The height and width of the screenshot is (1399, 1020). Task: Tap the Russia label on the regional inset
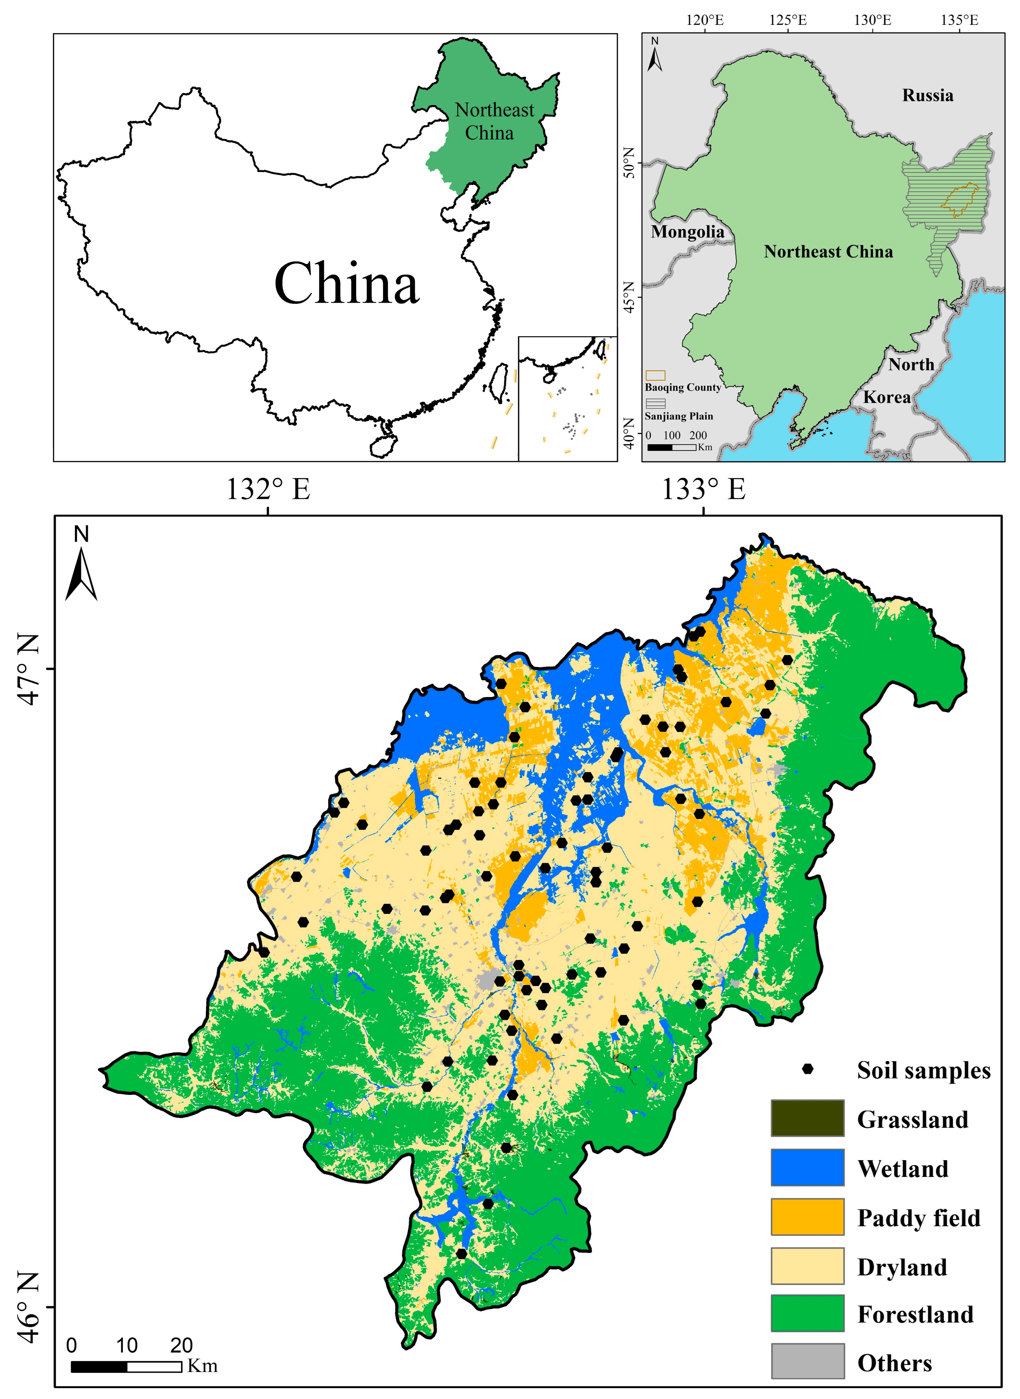(927, 96)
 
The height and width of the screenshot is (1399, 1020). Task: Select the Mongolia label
(687, 232)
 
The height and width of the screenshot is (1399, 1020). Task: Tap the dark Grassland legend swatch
(807, 1118)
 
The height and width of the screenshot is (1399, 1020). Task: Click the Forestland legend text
(915, 1314)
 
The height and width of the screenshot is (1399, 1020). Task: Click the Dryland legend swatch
(807, 1266)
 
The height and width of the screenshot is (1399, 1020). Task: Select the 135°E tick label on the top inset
(959, 20)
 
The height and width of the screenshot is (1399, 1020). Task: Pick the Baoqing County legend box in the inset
(655, 375)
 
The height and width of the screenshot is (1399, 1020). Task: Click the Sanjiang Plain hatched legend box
(655, 403)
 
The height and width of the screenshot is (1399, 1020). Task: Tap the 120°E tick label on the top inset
(705, 20)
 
